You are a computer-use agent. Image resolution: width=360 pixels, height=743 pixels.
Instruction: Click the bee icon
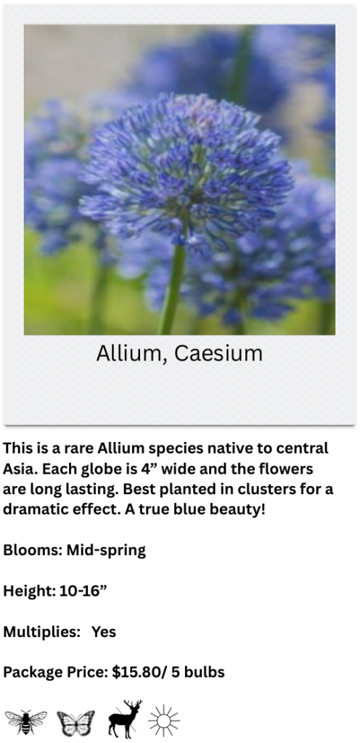pos(25,722)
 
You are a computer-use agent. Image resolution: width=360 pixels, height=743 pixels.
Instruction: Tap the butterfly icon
pos(75,723)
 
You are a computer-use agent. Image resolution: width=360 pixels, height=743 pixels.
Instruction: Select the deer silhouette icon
pos(125,719)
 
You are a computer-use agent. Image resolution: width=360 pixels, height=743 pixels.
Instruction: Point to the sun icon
pos(164,721)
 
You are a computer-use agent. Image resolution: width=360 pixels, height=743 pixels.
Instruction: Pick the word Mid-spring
pos(106,551)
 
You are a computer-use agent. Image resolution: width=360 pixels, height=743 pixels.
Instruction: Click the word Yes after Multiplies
pos(104,632)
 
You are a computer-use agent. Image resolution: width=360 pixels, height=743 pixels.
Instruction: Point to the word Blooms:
pos(33,550)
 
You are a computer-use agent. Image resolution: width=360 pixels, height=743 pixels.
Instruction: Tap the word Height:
pos(30,591)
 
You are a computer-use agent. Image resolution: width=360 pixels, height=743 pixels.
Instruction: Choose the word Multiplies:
pos(41,632)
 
